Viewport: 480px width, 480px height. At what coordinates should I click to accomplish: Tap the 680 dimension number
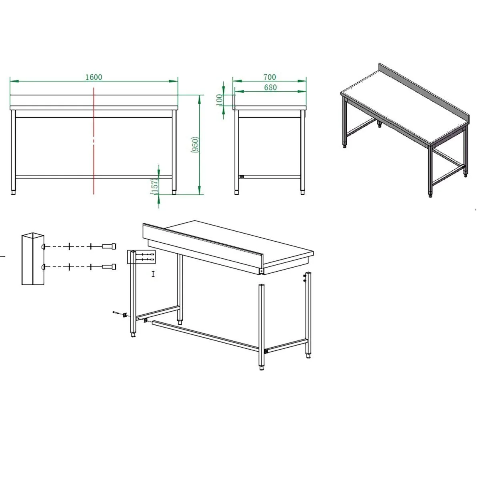pyautogui.click(x=270, y=88)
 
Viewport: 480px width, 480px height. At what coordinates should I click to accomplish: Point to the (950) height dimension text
pyautogui.click(x=194, y=145)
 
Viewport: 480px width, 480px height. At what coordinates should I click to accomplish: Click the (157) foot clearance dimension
pyautogui.click(x=154, y=186)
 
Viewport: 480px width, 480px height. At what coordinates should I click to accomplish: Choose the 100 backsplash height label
pyautogui.click(x=219, y=100)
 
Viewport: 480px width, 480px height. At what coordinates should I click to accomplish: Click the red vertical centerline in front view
pyautogui.click(x=94, y=141)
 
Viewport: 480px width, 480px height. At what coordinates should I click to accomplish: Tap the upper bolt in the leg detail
pyautogui.click(x=109, y=246)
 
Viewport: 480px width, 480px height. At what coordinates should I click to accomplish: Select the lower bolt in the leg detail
pyautogui.click(x=109, y=266)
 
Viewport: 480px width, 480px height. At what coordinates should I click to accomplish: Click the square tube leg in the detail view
pyautogui.click(x=33, y=259)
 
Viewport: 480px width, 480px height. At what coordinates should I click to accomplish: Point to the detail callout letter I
pyautogui.click(x=153, y=274)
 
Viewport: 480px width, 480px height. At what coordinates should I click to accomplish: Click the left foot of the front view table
pyautogui.click(x=14, y=192)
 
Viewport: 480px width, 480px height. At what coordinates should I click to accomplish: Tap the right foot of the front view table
pyautogui.click(x=174, y=192)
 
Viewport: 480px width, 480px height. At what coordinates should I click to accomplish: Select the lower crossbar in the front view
pyautogui.click(x=94, y=177)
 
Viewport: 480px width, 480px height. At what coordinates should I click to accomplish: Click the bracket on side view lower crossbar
pyautogui.click(x=241, y=177)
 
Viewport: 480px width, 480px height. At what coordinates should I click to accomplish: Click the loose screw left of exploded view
pyautogui.click(x=115, y=312)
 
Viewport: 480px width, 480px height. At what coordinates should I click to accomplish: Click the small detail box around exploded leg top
pyautogui.click(x=141, y=257)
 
